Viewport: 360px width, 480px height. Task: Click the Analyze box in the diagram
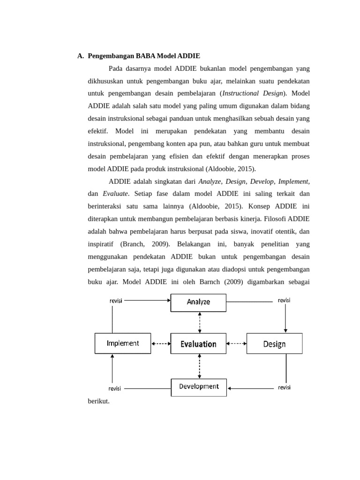(x=198, y=302)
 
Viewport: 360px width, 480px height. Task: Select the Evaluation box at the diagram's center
(x=198, y=344)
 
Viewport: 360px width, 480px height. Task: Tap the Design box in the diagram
(x=274, y=344)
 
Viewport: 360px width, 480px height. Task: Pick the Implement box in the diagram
(x=123, y=343)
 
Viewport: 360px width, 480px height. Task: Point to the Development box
(x=199, y=387)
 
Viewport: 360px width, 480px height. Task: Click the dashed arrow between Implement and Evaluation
(x=161, y=344)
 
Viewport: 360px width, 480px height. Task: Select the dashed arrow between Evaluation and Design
(x=236, y=344)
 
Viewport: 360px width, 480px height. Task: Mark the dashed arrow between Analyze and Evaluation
(x=200, y=322)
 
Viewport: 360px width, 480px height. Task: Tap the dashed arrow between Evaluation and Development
(x=200, y=366)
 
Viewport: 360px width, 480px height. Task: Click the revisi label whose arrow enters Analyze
(x=116, y=300)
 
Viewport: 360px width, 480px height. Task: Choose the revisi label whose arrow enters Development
(x=284, y=387)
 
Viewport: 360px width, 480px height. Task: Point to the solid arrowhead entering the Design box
(x=285, y=330)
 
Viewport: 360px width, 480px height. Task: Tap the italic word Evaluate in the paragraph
(x=115, y=194)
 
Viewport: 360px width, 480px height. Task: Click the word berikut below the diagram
(x=98, y=401)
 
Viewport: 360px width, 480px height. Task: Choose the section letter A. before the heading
(x=81, y=56)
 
